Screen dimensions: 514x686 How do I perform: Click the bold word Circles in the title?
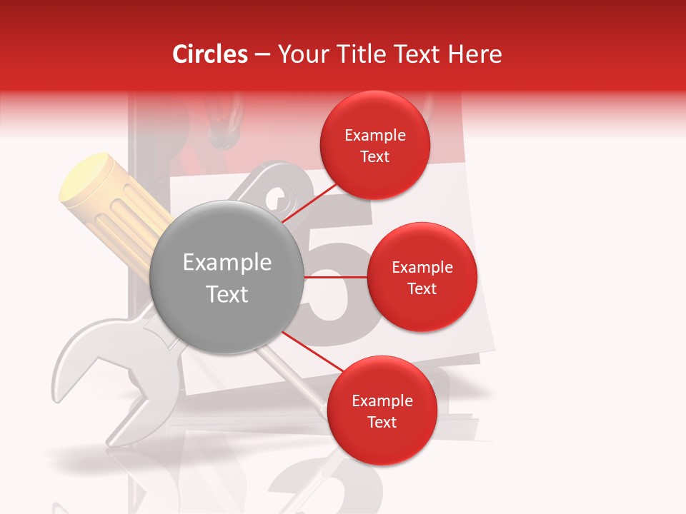[209, 54]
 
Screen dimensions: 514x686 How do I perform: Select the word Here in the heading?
[474, 54]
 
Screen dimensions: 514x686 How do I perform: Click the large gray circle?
[227, 277]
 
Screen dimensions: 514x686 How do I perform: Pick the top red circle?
[375, 146]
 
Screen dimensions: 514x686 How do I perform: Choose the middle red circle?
[422, 277]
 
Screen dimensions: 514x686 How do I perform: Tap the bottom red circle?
[382, 410]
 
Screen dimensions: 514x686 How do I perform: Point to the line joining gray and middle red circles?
[336, 277]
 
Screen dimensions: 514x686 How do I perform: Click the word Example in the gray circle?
[227, 263]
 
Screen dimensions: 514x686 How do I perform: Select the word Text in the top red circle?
[375, 156]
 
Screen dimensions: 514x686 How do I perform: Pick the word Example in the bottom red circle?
[382, 400]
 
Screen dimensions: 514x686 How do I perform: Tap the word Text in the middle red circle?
[422, 288]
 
